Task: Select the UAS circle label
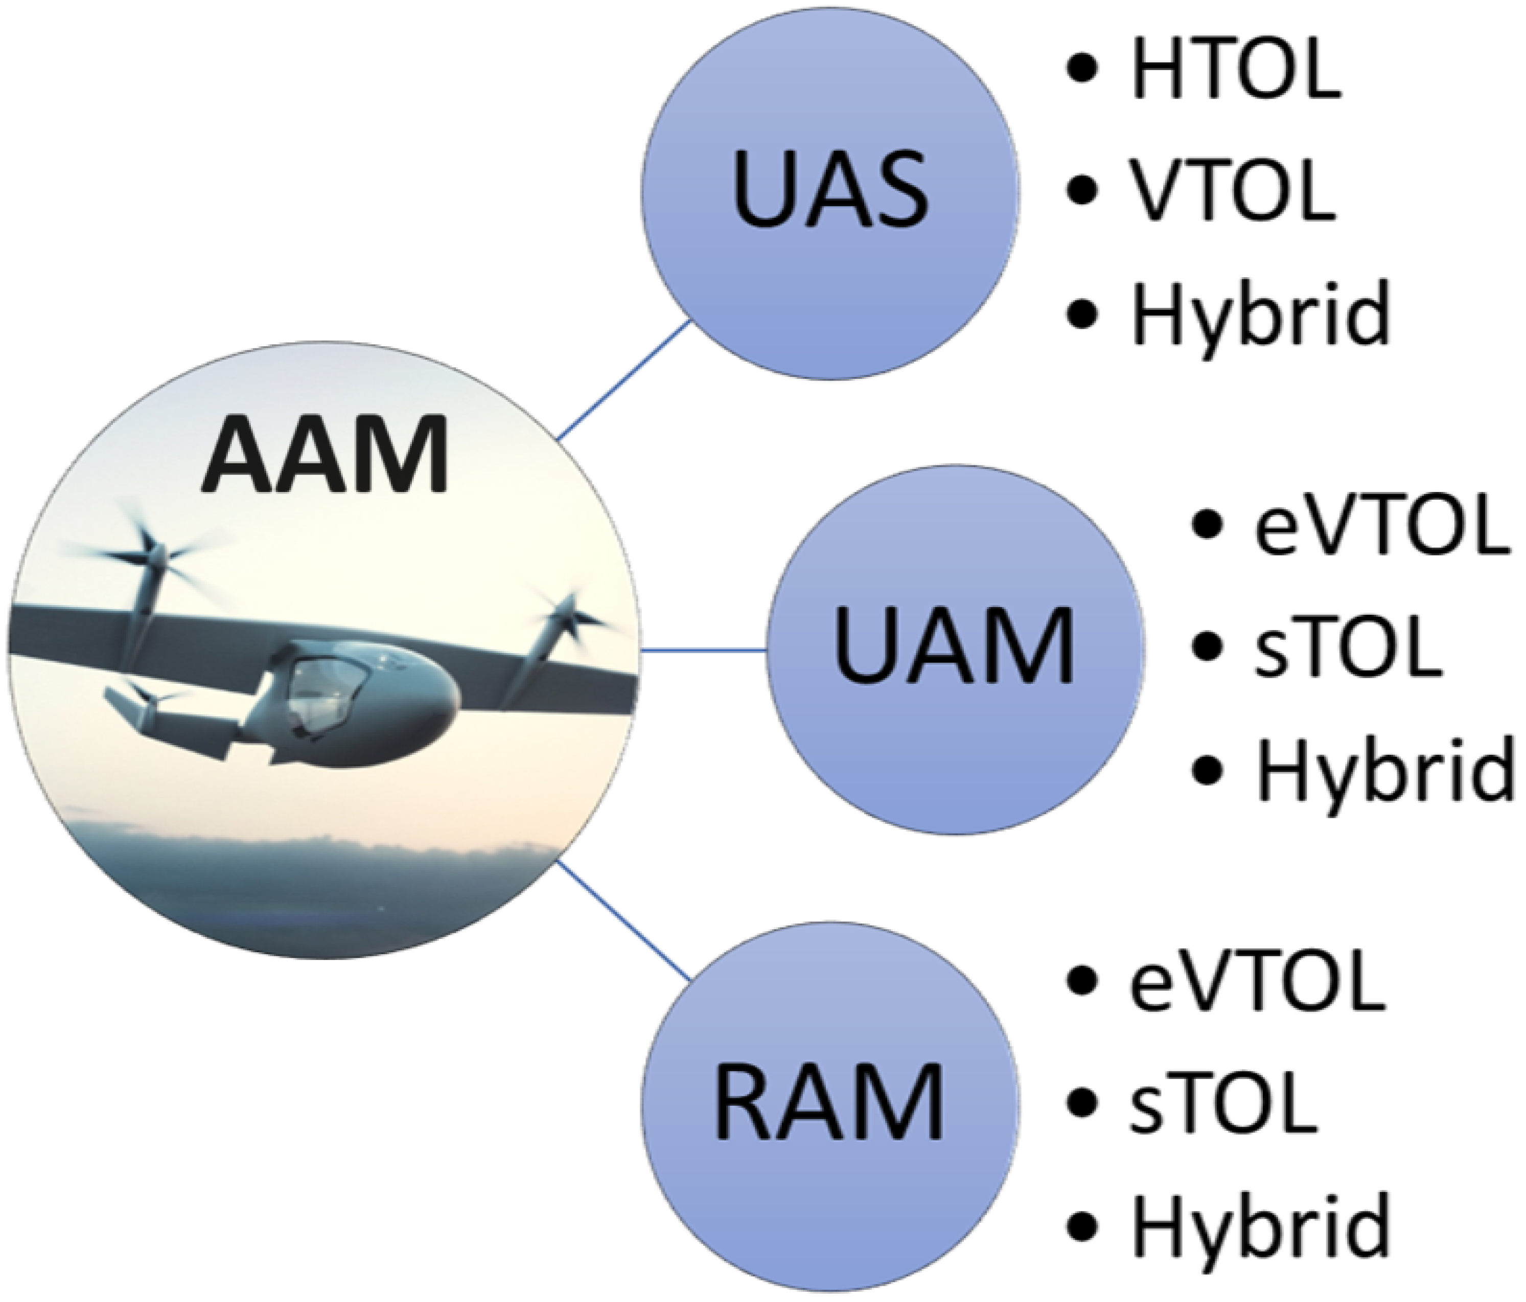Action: click(830, 190)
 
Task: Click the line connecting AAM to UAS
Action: click(623, 380)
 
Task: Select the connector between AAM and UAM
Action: click(703, 650)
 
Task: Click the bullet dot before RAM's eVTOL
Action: click(1081, 982)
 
